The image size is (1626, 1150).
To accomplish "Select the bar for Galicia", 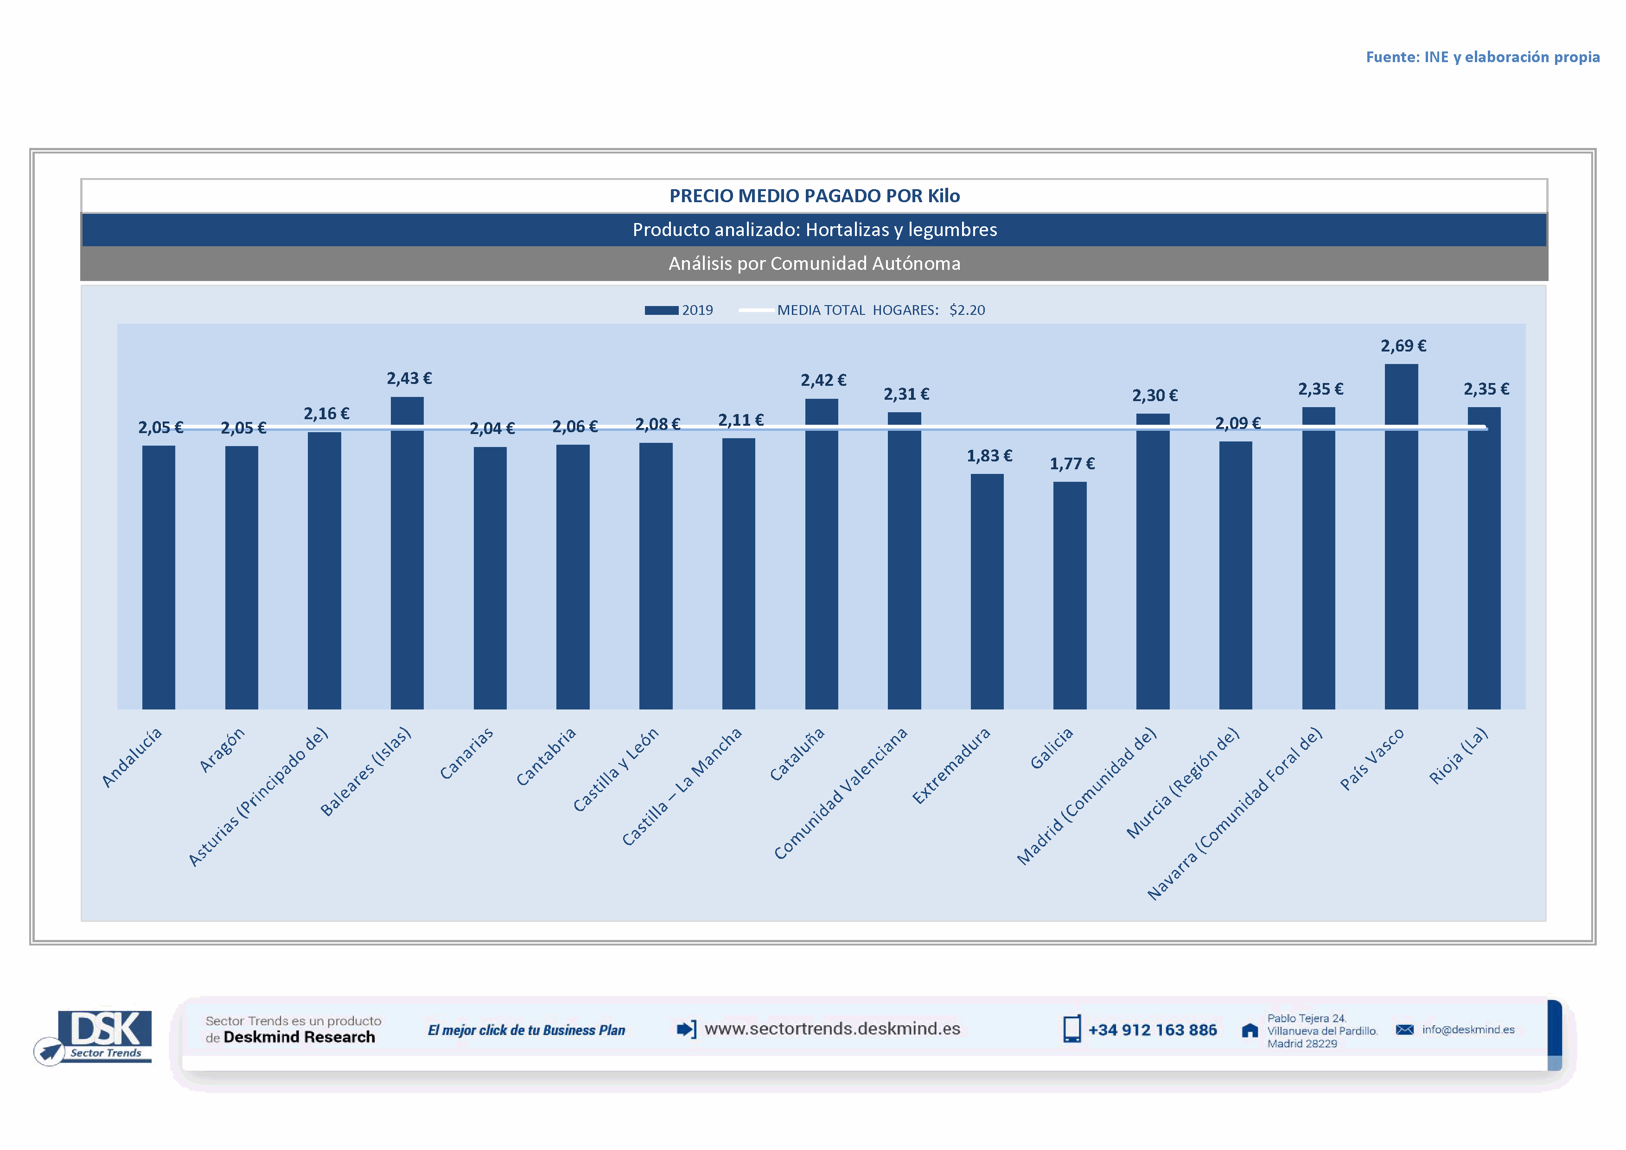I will coord(1069,595).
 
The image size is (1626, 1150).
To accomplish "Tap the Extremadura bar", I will coord(987,591).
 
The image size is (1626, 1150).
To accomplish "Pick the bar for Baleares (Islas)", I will coord(407,552).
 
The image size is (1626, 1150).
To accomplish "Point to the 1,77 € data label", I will coord(1071,464).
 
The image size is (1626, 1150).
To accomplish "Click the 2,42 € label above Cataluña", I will coord(823,380).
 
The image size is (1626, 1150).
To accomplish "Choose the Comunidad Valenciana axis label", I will coord(840,793).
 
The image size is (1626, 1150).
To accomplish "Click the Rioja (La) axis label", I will coord(1458,755).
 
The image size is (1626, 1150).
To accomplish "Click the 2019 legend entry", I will coord(679,310).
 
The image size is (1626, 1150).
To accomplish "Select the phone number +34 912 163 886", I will coord(1152,1029).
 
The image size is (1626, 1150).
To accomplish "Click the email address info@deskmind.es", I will coord(1467,1029).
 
